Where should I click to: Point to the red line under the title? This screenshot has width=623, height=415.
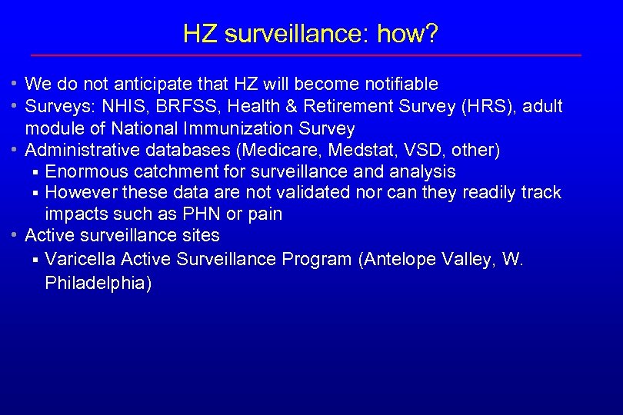click(305, 55)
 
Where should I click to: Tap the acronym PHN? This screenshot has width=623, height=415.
click(199, 214)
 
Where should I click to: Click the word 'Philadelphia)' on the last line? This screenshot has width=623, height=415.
click(98, 284)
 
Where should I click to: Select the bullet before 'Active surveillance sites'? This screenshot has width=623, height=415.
click(15, 235)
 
